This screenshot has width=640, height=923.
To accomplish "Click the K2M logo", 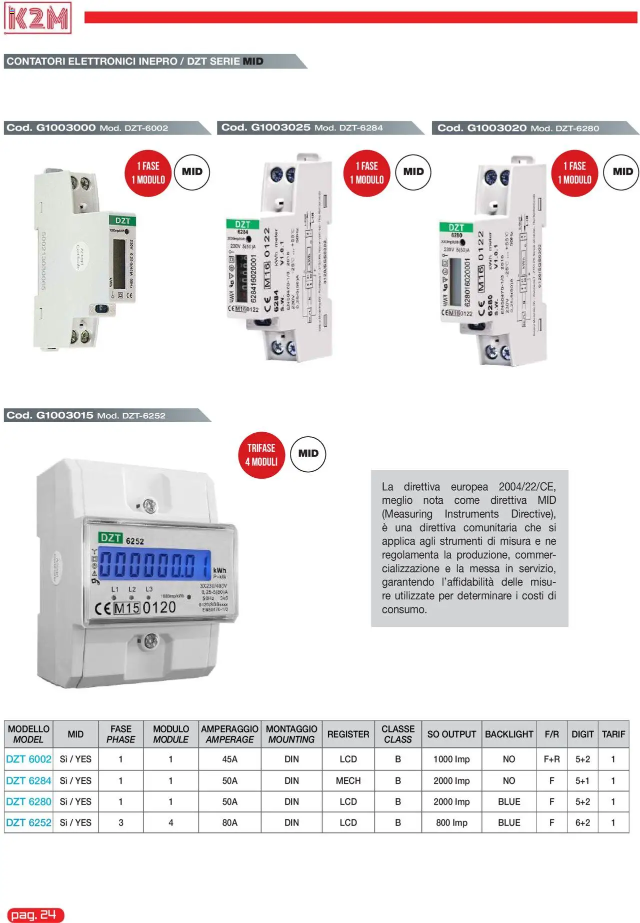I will [x=37, y=18].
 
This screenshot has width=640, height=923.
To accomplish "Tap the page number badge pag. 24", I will [x=34, y=915].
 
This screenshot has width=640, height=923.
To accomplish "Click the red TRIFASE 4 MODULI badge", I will [x=261, y=455].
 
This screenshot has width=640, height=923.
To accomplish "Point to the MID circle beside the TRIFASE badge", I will [x=308, y=454].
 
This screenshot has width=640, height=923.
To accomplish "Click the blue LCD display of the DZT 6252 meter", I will [x=154, y=564].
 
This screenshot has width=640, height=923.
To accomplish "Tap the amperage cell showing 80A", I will [x=229, y=822].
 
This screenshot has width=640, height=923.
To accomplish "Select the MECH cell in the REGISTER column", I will [x=348, y=780].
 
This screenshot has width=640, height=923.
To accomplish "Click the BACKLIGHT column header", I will [x=508, y=734].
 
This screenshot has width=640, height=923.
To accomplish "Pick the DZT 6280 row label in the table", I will [x=28, y=801].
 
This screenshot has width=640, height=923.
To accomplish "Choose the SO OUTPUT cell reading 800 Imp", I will [x=451, y=822].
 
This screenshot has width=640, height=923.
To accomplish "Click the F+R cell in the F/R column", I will [x=551, y=759].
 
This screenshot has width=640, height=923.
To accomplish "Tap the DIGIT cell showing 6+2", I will [x=582, y=822].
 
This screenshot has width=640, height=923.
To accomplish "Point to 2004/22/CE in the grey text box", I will [x=527, y=487].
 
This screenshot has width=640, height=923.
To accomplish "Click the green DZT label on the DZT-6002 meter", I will [x=122, y=221].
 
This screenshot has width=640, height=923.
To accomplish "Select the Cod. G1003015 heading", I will [x=50, y=415].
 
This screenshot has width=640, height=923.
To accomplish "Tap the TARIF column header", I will [x=613, y=734].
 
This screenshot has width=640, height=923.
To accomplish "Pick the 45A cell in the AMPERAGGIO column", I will [x=229, y=759].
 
